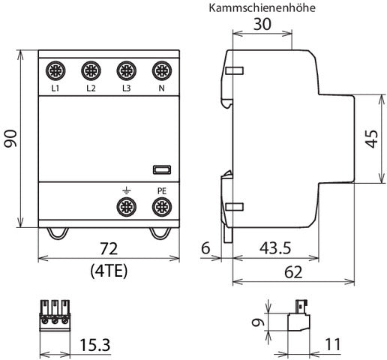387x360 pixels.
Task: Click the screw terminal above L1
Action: pos(55,72)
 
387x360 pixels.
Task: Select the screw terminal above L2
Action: pos(90,72)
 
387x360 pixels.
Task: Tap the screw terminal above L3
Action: pos(125,72)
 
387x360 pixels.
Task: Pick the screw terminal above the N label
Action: pos(160,72)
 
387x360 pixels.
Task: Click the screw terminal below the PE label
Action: pos(160,206)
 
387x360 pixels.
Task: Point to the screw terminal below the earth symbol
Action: pos(125,206)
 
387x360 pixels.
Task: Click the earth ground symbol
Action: pos(125,190)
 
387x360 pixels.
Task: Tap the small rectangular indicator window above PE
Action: pos(160,170)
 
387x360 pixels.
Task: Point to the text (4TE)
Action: pos(108,268)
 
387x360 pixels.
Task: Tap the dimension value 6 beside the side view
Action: pos(205,247)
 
